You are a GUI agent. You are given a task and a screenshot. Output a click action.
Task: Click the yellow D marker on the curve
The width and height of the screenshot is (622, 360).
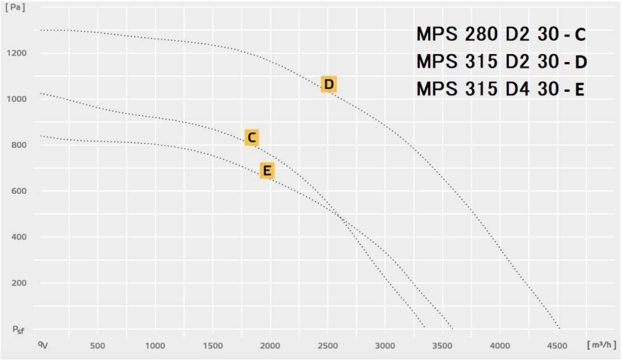(329, 85)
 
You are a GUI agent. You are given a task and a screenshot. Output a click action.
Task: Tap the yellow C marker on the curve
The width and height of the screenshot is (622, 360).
(251, 137)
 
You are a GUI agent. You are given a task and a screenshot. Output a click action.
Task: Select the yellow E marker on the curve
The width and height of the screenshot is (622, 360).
(267, 171)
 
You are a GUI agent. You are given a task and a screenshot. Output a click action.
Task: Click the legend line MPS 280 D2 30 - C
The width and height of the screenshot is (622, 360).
(500, 34)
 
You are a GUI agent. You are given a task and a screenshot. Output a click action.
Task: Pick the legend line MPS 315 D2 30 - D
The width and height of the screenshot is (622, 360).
(500, 61)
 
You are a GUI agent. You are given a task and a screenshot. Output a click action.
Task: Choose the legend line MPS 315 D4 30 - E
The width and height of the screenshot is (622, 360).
(500, 89)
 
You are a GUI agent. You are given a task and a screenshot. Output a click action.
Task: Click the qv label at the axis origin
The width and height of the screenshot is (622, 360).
(43, 343)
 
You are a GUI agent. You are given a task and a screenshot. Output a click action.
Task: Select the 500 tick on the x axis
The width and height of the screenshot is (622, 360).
(98, 345)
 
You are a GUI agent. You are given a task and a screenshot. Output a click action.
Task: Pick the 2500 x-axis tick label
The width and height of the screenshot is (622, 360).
(327, 345)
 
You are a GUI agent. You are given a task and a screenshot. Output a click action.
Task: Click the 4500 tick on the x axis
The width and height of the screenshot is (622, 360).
(557, 345)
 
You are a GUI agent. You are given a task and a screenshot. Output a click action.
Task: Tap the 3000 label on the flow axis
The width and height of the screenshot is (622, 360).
(385, 345)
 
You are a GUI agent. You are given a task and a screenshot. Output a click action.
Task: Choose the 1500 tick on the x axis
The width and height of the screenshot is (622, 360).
(212, 345)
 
